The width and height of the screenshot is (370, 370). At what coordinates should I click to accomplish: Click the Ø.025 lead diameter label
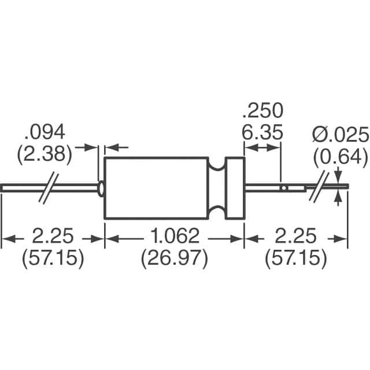(x=341, y=135)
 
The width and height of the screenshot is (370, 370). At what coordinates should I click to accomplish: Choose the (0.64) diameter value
(x=341, y=156)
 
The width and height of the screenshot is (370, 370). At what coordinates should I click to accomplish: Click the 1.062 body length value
(x=174, y=236)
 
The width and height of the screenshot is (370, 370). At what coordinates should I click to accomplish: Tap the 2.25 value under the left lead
(x=53, y=236)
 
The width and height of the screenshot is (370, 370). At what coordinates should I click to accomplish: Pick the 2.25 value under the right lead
(x=296, y=236)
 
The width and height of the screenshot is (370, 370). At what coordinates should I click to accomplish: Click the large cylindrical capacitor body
(x=156, y=188)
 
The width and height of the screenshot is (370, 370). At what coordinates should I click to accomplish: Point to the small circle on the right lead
(x=283, y=188)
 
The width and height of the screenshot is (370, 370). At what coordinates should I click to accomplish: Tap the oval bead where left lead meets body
(x=102, y=188)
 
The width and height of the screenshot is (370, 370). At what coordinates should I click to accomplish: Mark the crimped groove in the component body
(x=217, y=188)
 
